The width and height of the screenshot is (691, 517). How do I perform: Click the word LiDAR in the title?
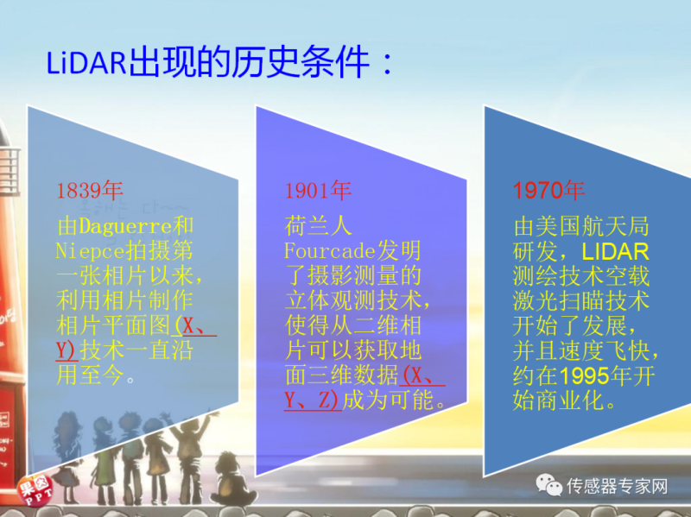tap(86, 62)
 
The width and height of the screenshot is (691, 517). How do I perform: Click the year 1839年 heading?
tap(90, 191)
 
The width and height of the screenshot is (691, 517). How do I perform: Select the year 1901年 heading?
tap(318, 191)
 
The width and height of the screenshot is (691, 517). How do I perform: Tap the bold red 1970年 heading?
tap(548, 191)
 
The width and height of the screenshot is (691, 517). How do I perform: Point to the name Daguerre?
tap(125, 226)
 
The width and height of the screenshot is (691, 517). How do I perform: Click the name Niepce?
tap(91, 250)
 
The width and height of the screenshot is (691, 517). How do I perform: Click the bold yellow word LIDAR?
tap(615, 251)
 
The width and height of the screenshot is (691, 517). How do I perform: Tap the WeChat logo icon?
tap(548, 485)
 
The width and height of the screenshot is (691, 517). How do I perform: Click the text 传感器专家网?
tap(617, 486)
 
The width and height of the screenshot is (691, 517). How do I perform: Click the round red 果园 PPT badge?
tap(35, 489)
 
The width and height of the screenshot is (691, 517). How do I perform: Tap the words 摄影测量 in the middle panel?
tap(353, 275)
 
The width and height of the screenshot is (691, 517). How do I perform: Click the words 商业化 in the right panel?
tap(569, 400)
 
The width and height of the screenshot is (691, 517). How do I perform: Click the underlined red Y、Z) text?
tap(313, 400)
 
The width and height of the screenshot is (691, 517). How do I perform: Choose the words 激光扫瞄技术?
tap(580, 301)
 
